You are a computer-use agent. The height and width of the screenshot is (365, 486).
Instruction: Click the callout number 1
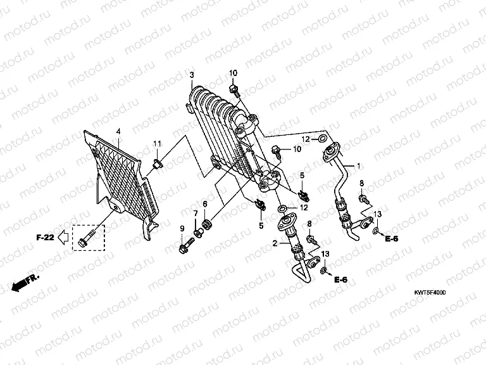point(358,166)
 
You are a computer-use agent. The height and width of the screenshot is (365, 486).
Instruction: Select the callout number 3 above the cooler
point(192,75)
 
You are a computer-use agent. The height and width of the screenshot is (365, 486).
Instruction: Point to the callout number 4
point(118,132)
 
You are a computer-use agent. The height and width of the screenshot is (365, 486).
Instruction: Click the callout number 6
point(205,203)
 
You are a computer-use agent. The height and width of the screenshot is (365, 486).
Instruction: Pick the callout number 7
point(195,212)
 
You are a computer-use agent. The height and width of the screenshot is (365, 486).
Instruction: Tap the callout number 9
point(183,228)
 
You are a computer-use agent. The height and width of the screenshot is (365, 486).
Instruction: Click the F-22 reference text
point(44,238)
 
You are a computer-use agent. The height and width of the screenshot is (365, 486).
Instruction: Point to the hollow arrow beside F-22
point(63,238)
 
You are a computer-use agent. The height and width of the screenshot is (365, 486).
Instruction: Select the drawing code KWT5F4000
point(430,293)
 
